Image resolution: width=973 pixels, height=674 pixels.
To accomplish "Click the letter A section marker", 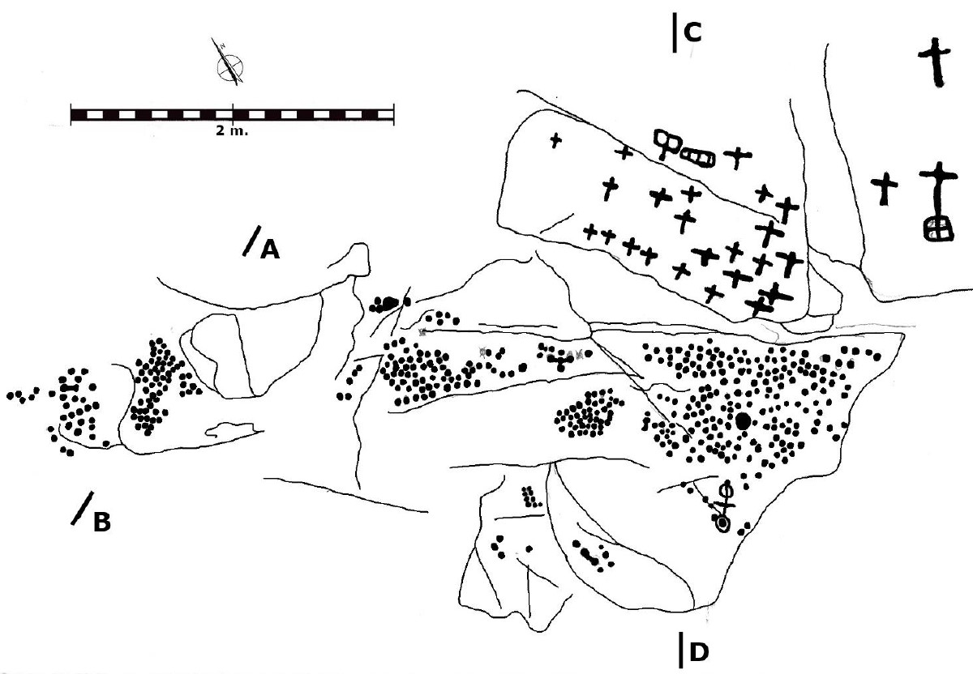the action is click(x=270, y=250).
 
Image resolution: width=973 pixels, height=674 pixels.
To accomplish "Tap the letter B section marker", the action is click(x=102, y=522).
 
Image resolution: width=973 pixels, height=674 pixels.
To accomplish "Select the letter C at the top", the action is click(x=692, y=32).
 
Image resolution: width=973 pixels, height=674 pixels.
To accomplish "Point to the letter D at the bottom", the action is click(x=699, y=652).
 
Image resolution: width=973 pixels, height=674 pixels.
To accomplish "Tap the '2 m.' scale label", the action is click(x=232, y=130).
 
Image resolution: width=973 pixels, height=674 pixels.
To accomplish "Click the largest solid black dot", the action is click(x=744, y=420).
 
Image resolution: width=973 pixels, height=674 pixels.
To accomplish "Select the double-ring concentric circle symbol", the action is click(x=722, y=524).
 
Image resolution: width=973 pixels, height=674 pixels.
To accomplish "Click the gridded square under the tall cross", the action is click(x=939, y=228).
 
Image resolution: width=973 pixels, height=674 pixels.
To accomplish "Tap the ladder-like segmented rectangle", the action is click(x=697, y=156).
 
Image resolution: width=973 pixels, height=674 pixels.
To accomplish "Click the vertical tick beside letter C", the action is click(x=675, y=32).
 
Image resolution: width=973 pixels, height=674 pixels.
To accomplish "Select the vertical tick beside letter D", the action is click(x=680, y=650).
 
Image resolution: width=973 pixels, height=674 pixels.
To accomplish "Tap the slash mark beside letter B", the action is click(x=82, y=508).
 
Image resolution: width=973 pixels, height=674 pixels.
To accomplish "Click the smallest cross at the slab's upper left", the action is click(x=555, y=140).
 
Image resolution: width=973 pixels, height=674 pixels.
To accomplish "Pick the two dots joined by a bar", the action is click(x=70, y=387).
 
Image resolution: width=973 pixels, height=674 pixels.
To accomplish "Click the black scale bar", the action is click(x=233, y=115).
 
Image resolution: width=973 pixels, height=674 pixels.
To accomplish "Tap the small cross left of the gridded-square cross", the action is click(x=885, y=189).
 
